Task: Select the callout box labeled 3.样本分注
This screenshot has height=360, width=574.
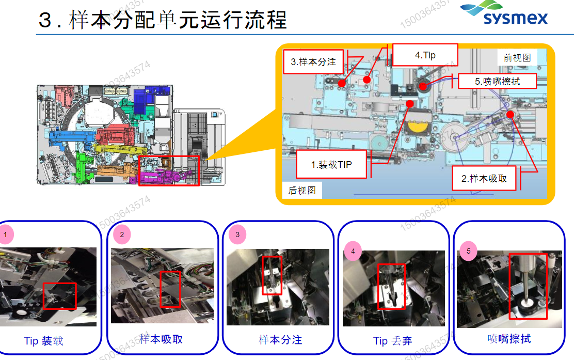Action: point(313,62)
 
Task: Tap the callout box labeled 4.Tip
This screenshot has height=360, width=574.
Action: point(425,55)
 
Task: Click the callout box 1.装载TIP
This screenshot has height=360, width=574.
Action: point(331,164)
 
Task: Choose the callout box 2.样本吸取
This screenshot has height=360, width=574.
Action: point(484,179)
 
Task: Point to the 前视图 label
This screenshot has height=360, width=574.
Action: point(517,57)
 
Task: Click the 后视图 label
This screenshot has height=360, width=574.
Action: point(302,191)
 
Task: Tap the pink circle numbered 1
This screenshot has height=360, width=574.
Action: point(6,234)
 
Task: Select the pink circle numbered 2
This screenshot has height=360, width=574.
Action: point(122,234)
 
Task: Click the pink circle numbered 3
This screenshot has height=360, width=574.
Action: point(237,234)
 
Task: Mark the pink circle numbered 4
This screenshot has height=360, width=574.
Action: point(353,252)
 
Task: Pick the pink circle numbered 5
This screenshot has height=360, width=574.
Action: point(469,252)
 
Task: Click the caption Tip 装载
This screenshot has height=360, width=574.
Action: point(43,341)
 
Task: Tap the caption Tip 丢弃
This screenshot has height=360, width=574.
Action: point(392,341)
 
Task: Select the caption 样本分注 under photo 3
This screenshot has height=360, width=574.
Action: point(280,340)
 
